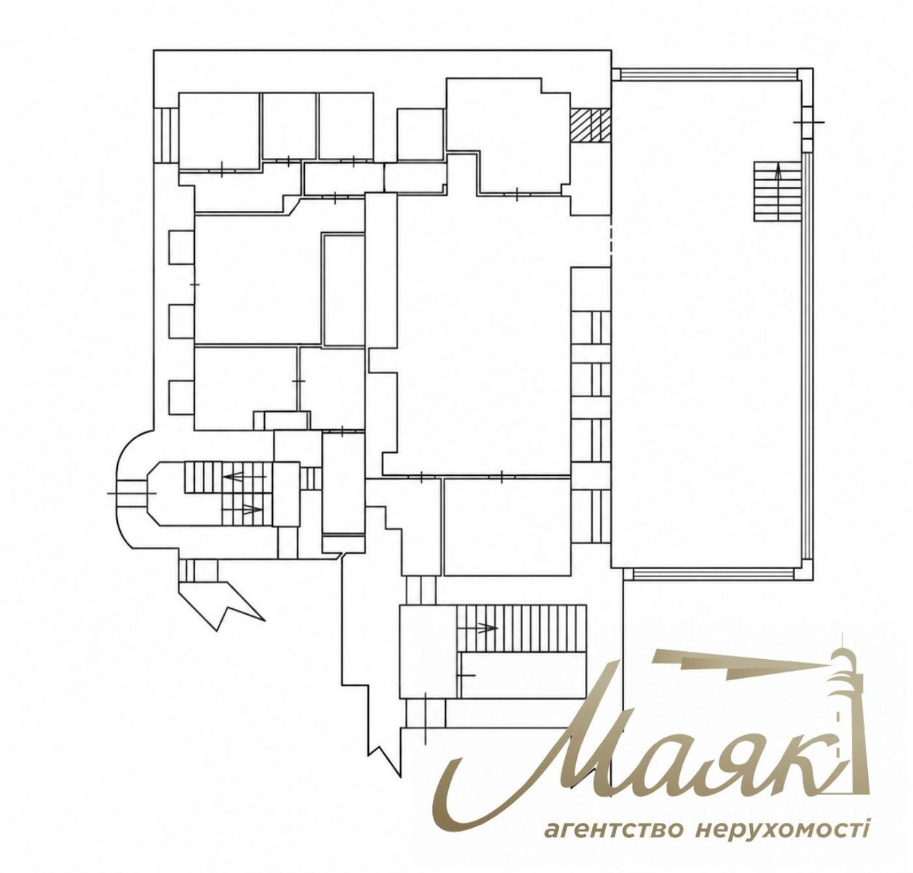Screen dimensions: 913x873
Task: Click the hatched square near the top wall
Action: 591,125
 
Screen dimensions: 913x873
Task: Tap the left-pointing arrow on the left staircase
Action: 244,477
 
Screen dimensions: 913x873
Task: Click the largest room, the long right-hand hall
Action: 706,324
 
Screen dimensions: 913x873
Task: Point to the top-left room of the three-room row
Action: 219,130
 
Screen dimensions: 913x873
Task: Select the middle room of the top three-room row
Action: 289,126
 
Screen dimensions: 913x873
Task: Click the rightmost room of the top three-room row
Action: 346,126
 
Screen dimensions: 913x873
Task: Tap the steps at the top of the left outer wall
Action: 166,135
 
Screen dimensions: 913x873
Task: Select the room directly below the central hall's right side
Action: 507,526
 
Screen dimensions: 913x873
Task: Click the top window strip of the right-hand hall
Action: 708,74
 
